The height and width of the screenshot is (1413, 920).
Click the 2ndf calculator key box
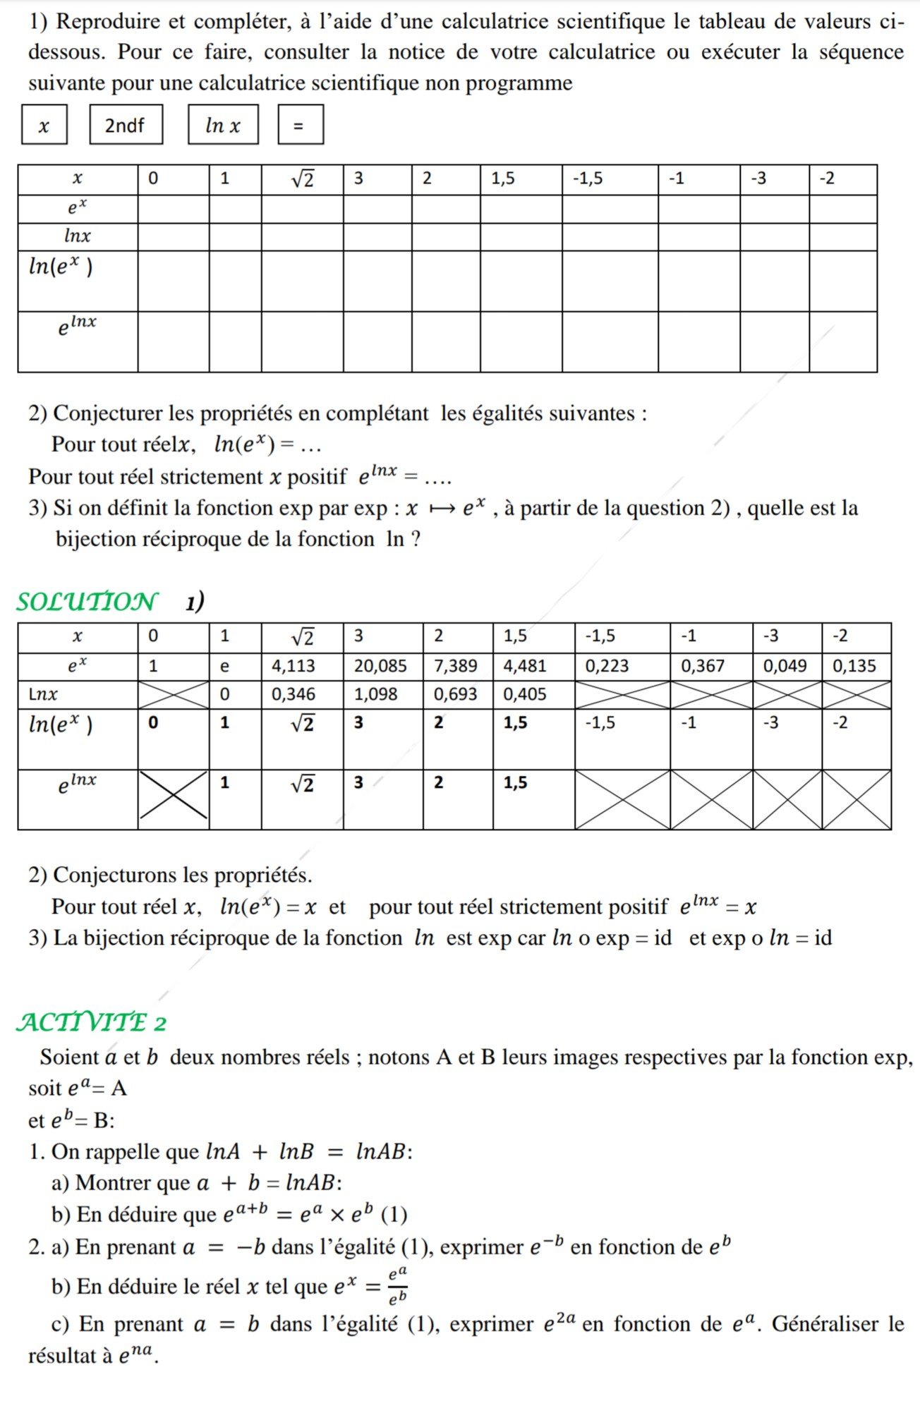tap(126, 125)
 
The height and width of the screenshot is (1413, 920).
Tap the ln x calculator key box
tap(223, 125)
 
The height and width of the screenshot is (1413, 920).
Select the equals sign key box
tap(300, 125)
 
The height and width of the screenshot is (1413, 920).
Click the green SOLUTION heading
tap(86, 602)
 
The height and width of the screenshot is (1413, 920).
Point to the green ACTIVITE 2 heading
tap(92, 1022)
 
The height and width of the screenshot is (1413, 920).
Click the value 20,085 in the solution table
tap(380, 666)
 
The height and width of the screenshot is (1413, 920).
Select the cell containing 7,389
tap(455, 666)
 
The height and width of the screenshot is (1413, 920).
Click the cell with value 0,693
tap(455, 694)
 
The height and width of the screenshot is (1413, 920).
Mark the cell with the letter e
tap(225, 666)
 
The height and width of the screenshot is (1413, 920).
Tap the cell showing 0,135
tap(854, 666)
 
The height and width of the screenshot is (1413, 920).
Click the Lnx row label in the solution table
tap(43, 694)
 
